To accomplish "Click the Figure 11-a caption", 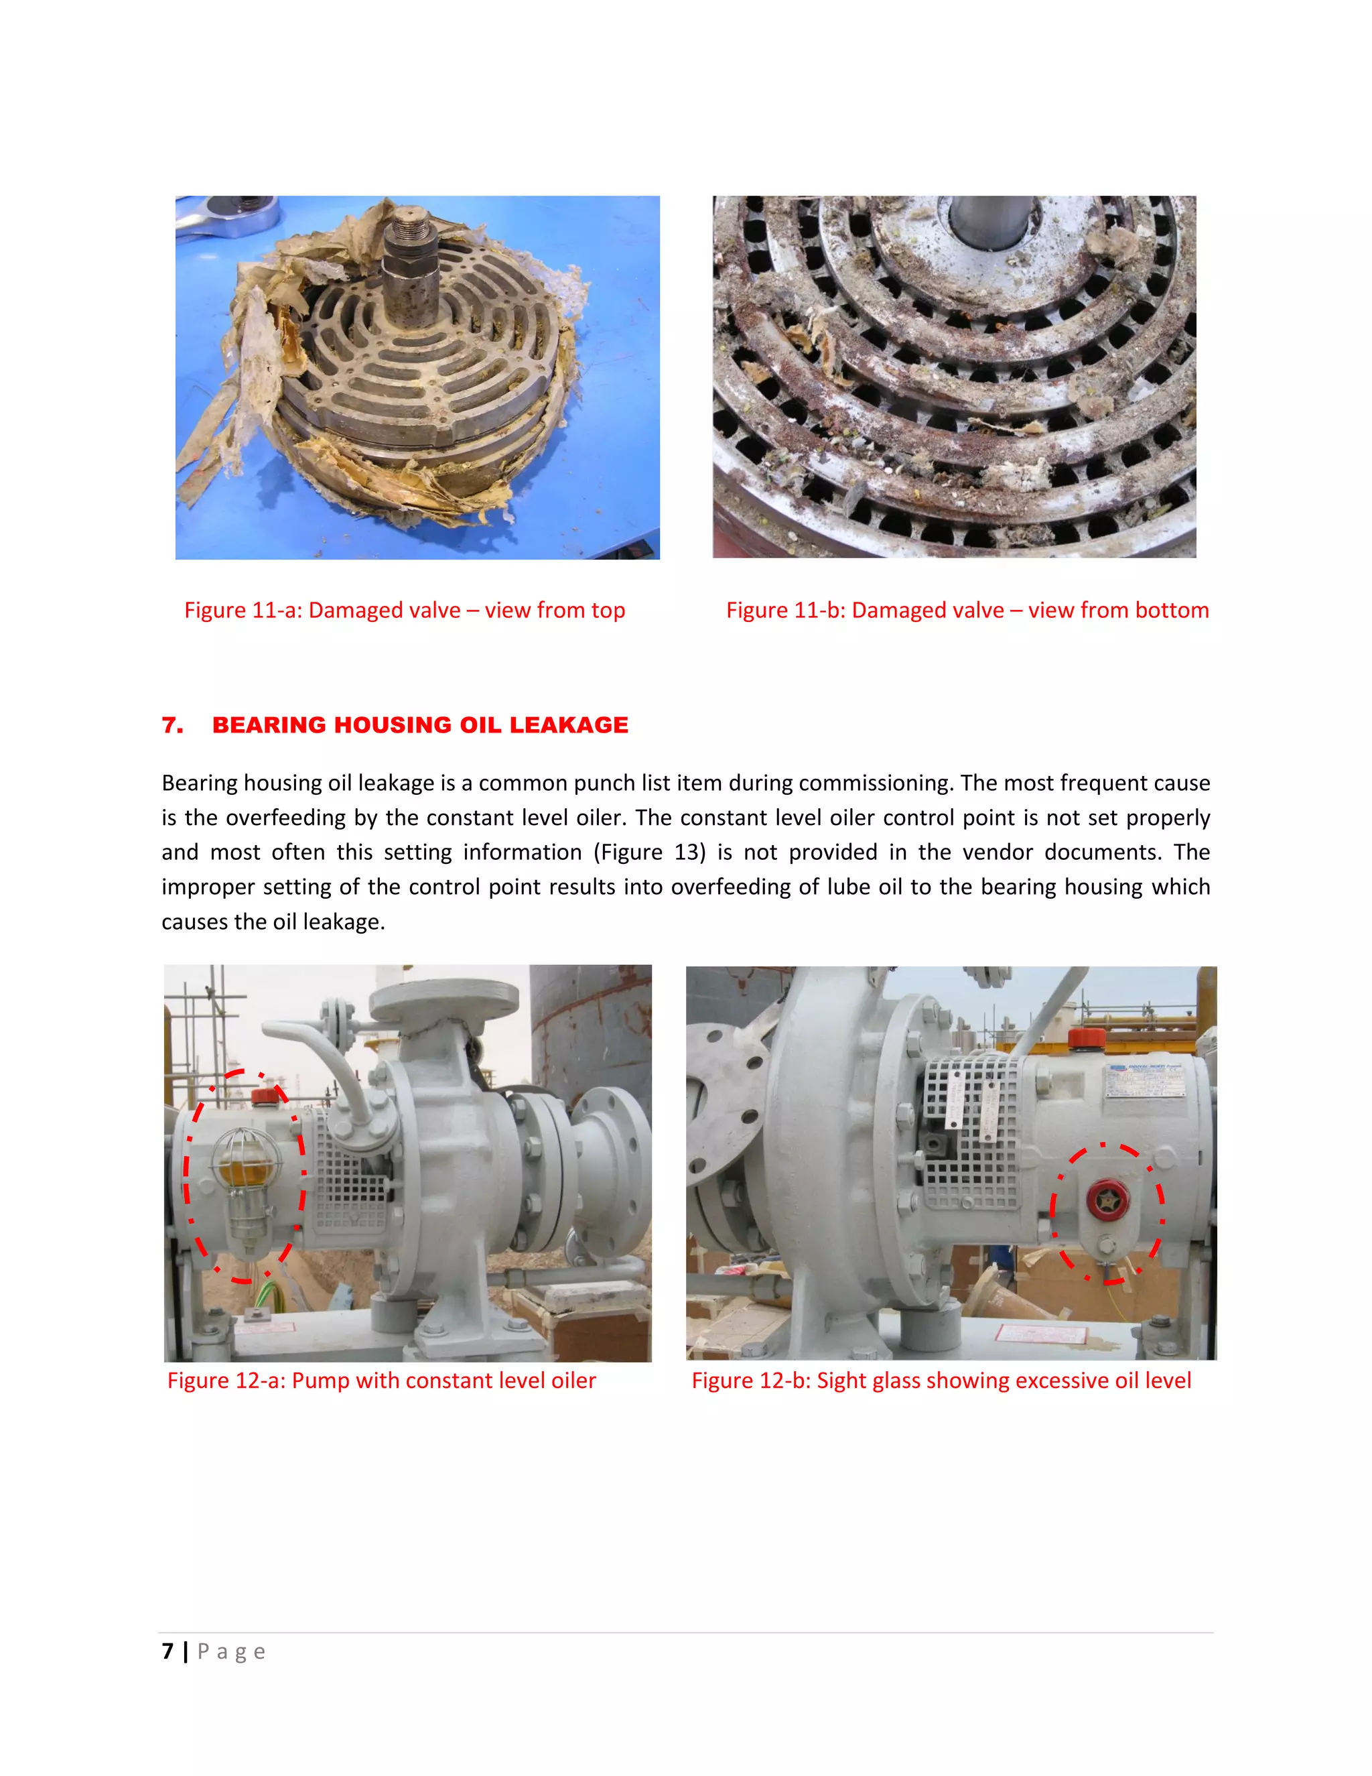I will point(404,611).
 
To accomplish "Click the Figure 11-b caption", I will point(967,611).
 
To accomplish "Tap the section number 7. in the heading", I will point(172,724).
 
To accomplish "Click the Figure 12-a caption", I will point(381,1381).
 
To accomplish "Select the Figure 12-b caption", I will point(941,1381).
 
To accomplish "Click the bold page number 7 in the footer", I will point(167,1651).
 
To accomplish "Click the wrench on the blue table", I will point(224,216).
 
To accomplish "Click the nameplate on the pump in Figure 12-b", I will point(1146,1080).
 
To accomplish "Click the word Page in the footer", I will point(231,1651).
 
